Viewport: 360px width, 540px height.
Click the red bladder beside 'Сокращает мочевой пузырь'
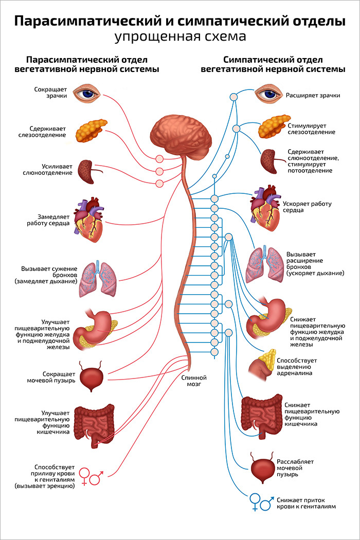coord(93,378)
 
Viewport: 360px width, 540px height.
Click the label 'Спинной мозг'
coord(194,381)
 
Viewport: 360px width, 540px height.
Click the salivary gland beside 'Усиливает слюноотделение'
coord(86,171)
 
